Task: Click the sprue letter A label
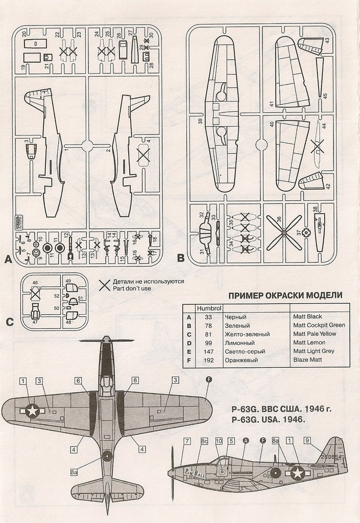8,259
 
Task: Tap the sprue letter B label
180,258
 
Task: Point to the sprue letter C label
10,322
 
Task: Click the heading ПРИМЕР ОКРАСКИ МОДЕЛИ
285,296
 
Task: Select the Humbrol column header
208,308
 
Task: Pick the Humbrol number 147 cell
208,351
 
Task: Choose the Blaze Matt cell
308,360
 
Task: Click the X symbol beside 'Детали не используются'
105,285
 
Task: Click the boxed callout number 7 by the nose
187,441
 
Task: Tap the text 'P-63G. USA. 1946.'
268,420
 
